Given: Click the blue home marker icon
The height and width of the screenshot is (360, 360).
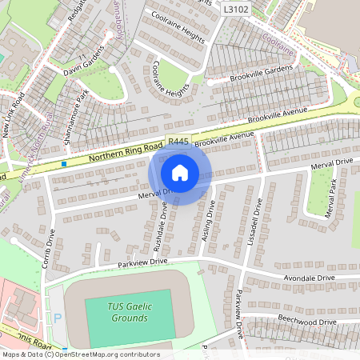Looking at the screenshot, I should (180, 173).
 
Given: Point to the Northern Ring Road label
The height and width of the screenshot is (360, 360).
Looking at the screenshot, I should (125, 152).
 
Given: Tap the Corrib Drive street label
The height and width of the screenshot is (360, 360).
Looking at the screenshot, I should (50, 247).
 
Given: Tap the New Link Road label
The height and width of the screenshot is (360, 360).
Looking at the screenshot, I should (14, 117).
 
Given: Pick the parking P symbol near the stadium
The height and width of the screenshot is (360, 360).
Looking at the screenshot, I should (57, 318).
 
